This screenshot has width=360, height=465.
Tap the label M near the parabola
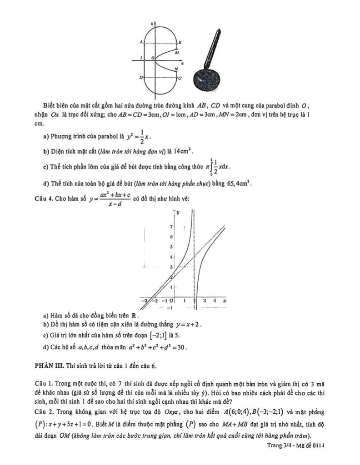(178, 52)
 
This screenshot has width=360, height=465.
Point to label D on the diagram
(141, 78)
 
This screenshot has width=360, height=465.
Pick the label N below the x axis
(176, 69)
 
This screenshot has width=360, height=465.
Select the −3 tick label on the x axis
(145, 300)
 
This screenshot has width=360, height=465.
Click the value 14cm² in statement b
(187, 150)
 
